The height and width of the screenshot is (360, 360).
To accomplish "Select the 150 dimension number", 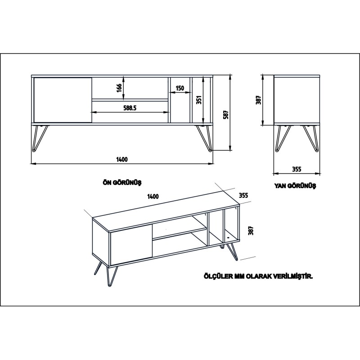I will [180, 88].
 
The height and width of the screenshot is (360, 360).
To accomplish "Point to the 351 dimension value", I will [198, 99].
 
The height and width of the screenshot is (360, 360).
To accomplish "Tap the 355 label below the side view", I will [296, 169].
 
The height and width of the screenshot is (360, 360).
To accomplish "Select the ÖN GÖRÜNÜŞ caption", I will [122, 182].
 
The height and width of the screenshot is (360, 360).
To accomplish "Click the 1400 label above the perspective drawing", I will [153, 196].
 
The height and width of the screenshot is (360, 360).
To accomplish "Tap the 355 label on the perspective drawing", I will [243, 195].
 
